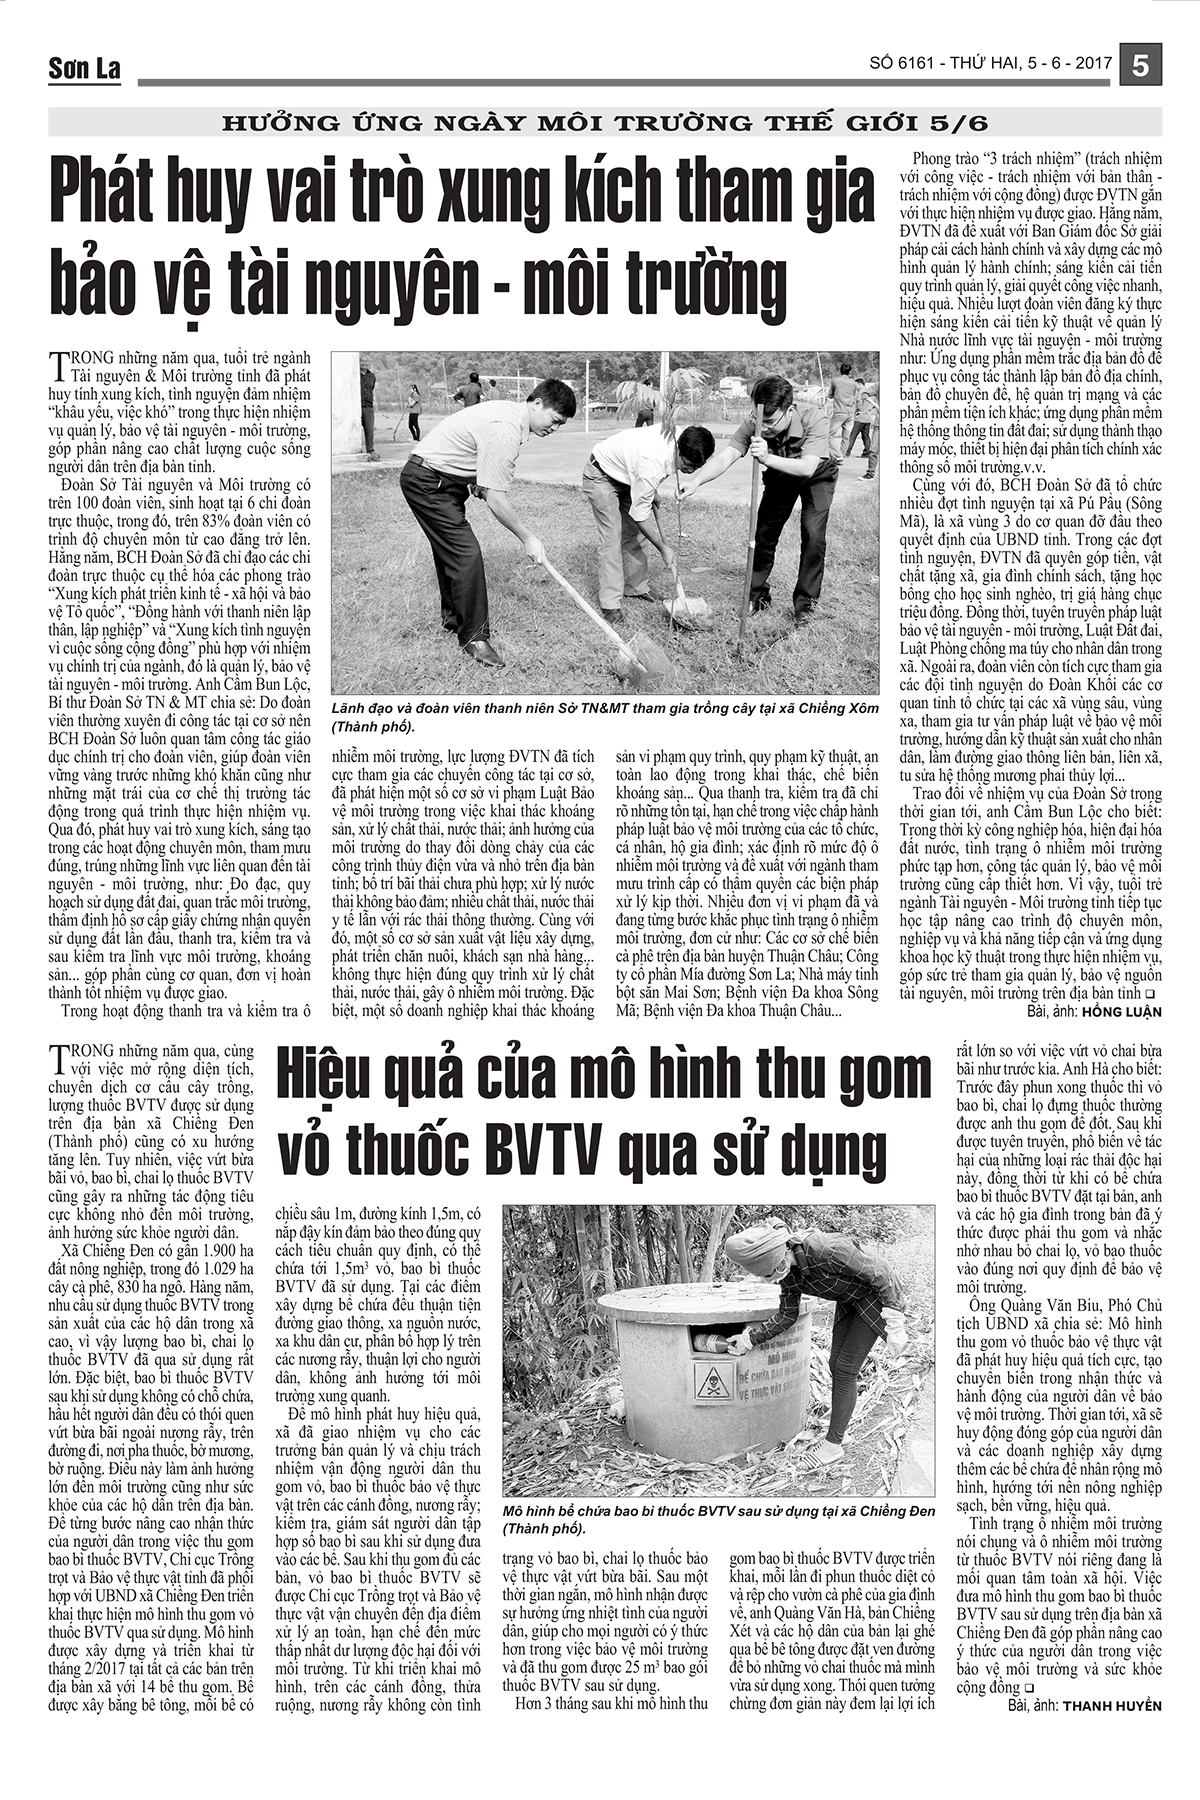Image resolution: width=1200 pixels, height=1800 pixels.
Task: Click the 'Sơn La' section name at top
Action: pos(84,68)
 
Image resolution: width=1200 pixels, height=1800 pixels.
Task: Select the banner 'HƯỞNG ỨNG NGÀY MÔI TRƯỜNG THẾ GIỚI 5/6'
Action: pos(605,124)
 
